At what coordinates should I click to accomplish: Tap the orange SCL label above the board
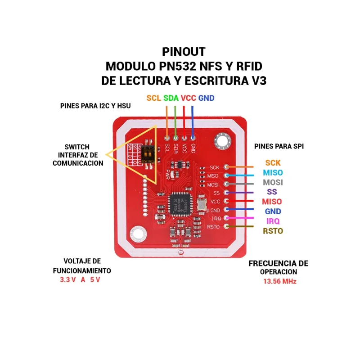tap(154, 98)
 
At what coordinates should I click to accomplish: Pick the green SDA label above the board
tap(171, 98)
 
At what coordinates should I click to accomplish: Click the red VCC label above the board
tap(189, 98)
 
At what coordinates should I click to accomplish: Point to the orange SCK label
tap(273, 163)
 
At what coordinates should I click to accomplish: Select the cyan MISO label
tap(273, 173)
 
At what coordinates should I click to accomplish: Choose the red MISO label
tap(273, 202)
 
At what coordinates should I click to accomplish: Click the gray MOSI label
tap(273, 182)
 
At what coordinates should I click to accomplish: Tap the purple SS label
tap(272, 192)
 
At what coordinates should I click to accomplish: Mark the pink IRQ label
tap(273, 221)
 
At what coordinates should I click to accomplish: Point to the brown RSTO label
tap(273, 231)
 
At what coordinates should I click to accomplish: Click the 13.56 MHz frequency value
tap(280, 281)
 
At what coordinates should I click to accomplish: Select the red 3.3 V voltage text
tap(68, 279)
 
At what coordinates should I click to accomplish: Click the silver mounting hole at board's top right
tap(223, 142)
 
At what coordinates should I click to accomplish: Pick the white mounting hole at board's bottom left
tap(137, 234)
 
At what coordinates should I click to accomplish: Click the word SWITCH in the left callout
tap(77, 147)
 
